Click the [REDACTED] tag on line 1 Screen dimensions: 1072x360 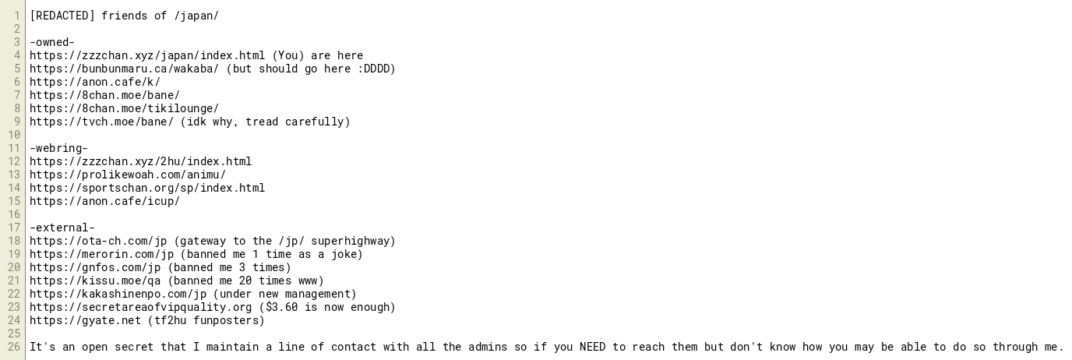[x=62, y=16]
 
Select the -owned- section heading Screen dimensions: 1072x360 [x=52, y=42]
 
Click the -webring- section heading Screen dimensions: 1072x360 [x=59, y=148]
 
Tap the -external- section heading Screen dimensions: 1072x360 [x=62, y=228]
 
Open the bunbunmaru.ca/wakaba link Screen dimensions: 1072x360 [x=125, y=69]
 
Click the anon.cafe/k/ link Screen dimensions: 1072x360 [x=95, y=82]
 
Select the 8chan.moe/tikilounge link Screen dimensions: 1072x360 [x=125, y=108]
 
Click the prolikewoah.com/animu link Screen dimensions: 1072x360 [x=128, y=175]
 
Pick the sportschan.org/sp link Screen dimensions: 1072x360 [x=147, y=188]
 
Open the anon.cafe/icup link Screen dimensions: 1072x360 [x=105, y=201]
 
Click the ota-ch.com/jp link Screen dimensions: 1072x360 [x=99, y=241]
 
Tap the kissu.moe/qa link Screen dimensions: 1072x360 [x=95, y=281]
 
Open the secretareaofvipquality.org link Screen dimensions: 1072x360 [x=141, y=307]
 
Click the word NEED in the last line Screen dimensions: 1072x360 [x=592, y=347]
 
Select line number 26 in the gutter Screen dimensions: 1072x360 [x=14, y=347]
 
